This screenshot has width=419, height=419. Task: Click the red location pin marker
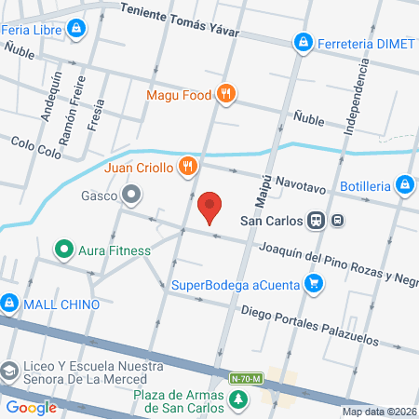tap(210, 207)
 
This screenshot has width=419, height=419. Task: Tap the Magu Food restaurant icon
tap(224, 93)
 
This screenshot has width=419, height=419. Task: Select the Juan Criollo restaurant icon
tap(188, 167)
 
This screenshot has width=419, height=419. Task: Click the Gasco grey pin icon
tap(131, 196)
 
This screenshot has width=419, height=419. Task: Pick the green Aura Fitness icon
tap(63, 250)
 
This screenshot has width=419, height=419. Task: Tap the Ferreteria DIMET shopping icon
tap(303, 42)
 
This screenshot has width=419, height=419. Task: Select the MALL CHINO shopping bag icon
tap(9, 303)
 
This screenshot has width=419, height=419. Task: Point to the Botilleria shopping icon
tap(404, 185)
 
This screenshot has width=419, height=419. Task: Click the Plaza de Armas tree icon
tap(240, 399)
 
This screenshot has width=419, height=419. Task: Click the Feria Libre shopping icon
tap(74, 30)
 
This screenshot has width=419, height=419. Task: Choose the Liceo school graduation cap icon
tap(9, 372)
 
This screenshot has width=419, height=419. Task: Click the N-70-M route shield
tap(248, 378)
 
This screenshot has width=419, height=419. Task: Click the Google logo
tap(31, 407)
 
